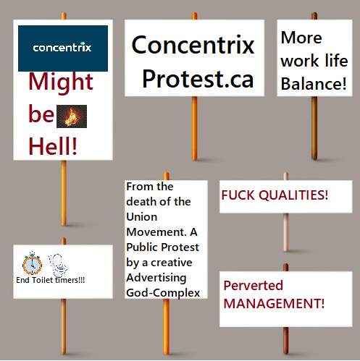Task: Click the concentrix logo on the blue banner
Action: coord(62,48)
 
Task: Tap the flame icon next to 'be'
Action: coord(72,116)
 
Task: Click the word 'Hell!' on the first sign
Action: coord(53,145)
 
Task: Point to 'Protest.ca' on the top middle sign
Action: coord(197,79)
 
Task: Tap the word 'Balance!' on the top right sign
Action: coord(314,84)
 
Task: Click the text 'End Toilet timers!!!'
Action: coord(50,280)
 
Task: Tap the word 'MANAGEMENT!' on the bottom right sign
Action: coord(274,303)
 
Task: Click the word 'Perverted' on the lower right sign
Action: coord(253,286)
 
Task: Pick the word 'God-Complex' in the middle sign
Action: coord(162,292)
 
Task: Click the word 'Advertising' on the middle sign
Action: coord(156,277)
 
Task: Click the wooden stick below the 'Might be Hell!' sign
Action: coord(64,195)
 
